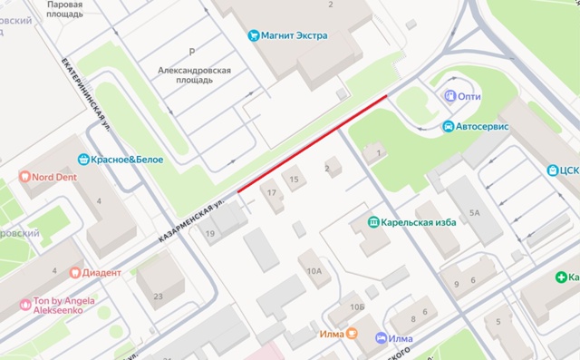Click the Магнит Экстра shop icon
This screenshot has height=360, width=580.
tap(254, 35)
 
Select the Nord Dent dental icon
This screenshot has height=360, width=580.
tap(24, 177)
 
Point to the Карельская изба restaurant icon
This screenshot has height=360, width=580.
tap(372, 222)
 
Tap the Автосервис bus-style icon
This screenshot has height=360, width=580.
tap(448, 126)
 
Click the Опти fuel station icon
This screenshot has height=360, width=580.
tap(449, 96)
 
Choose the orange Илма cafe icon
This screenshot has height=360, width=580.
tap(353, 334)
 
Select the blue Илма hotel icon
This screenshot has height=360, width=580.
tap(382, 338)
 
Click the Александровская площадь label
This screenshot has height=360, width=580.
tap(194, 74)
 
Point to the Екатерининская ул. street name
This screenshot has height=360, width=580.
tap(86, 93)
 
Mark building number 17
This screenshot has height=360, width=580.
tap(270, 193)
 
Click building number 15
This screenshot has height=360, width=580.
tap(294, 180)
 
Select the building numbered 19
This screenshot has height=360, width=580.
tap(210, 234)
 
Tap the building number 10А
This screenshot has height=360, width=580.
tap(314, 270)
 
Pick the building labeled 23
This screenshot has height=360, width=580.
tap(158, 297)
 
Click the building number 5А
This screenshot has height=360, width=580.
tap(475, 214)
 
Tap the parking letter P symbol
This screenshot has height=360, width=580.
tap(191, 52)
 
